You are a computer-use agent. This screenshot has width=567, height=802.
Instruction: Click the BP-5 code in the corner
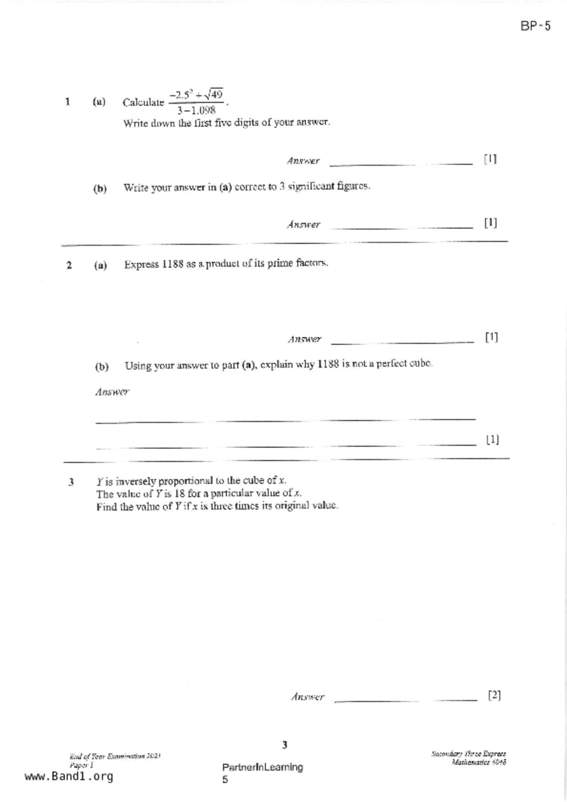tap(535, 26)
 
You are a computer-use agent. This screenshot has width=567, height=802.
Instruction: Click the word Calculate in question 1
tap(143, 102)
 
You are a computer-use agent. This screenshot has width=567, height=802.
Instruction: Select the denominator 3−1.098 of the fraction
tap(196, 110)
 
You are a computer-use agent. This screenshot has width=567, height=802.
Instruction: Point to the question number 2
tap(69, 265)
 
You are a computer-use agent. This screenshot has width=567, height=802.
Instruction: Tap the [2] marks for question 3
tap(494, 695)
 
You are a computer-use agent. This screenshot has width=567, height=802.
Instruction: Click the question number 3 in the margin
tap(71, 482)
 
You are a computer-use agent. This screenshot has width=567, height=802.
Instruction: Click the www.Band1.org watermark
tap(69, 776)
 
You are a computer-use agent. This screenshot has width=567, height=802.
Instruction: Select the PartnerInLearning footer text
tap(262, 767)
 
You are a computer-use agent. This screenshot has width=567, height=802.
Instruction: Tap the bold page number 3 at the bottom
tap(285, 745)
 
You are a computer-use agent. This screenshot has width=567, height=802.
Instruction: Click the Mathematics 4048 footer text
tap(478, 762)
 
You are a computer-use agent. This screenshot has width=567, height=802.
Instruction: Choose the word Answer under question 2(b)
tap(112, 392)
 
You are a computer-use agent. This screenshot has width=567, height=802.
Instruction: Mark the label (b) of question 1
tap(100, 188)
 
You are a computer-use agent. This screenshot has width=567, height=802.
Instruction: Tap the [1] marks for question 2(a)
tap(491, 337)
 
